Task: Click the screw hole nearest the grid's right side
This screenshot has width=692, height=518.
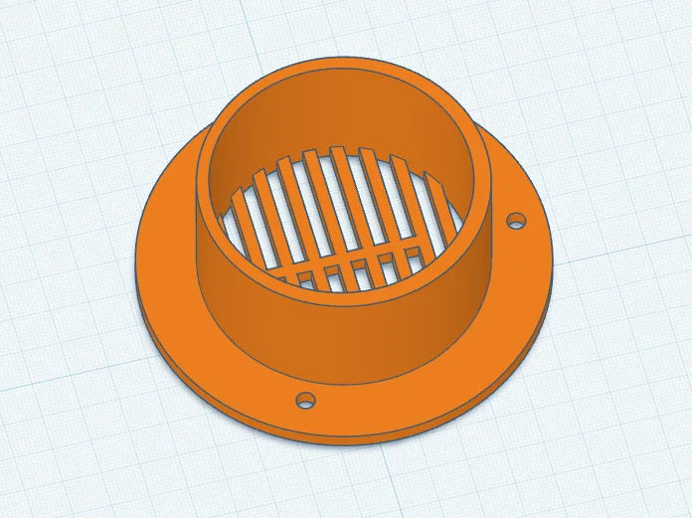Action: point(516,219)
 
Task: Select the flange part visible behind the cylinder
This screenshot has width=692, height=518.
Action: point(497,149)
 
